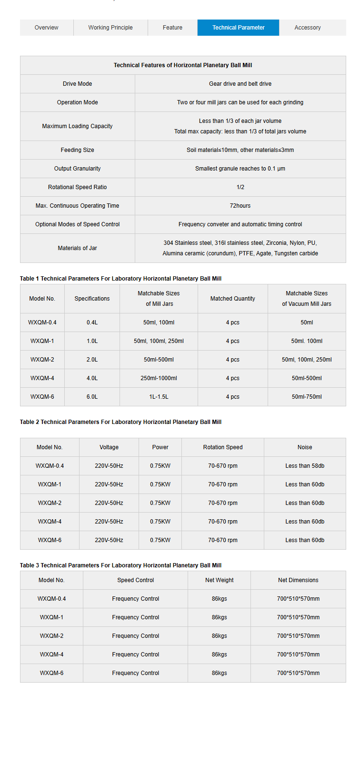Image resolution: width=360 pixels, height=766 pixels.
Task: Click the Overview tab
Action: [46, 28]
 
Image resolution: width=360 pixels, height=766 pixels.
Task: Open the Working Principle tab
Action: [110, 28]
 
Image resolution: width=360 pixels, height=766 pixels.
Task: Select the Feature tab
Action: [172, 28]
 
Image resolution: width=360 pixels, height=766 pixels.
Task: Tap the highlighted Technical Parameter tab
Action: [238, 28]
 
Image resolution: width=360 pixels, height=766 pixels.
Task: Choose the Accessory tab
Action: [308, 28]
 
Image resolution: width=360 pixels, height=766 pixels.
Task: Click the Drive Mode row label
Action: [77, 84]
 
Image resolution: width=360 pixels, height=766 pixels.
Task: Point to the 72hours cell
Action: [240, 206]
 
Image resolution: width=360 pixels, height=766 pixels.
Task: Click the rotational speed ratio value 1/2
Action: [240, 187]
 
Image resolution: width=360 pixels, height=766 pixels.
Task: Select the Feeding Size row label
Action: [77, 150]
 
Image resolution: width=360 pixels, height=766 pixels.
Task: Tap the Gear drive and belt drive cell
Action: [240, 84]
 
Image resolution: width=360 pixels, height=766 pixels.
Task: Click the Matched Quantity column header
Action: [232, 299]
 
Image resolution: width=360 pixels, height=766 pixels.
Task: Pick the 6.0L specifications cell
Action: [92, 397]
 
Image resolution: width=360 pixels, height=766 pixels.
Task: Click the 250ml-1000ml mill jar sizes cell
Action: [159, 378]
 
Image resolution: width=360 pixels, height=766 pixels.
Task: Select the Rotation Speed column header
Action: [223, 447]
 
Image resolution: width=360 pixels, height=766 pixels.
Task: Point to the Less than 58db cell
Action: [305, 466]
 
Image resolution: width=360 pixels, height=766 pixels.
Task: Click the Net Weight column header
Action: [219, 580]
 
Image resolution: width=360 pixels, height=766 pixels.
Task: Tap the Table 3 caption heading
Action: [120, 565]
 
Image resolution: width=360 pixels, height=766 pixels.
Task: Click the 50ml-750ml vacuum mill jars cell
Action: [307, 397]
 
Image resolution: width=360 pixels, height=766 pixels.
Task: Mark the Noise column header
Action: [305, 447]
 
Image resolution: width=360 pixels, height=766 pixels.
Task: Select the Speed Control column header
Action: [136, 580]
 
